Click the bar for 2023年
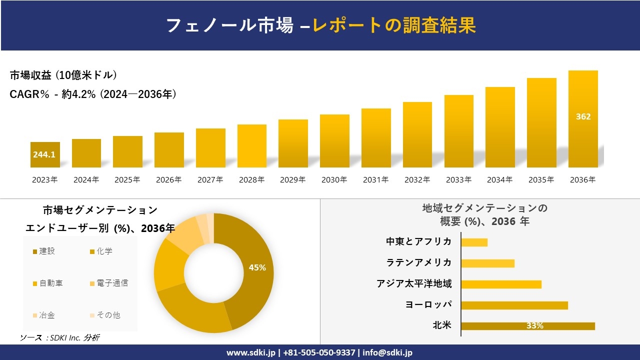pyautogui.click(x=45, y=154)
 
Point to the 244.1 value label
pyautogui.click(x=44, y=155)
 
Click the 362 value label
pyautogui.click(x=583, y=116)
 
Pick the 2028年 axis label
pyautogui.click(x=251, y=180)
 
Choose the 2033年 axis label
pyautogui.click(x=458, y=180)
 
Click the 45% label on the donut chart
pyautogui.click(x=257, y=267)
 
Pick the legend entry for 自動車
pyautogui.click(x=48, y=283)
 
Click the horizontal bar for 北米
pyautogui.click(x=528, y=326)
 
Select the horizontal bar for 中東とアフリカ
pyautogui.click(x=474, y=242)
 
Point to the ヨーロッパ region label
pyautogui.click(x=428, y=304)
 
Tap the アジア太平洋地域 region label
pyautogui.click(x=414, y=284)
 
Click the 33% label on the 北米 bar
pyautogui.click(x=534, y=326)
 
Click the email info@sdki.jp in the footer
pyautogui.click(x=387, y=352)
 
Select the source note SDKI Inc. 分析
pyautogui.click(x=60, y=338)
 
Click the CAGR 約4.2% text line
pyautogui.click(x=93, y=94)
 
